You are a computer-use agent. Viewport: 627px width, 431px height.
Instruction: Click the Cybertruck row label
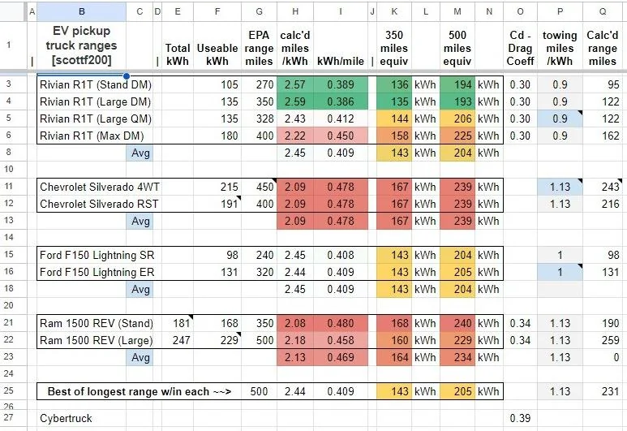(66, 418)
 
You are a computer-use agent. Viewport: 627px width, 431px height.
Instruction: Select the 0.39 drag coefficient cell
(520, 418)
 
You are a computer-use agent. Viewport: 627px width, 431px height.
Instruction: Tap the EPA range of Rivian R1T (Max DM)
(264, 136)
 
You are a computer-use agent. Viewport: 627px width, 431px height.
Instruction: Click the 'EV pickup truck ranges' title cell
(81, 45)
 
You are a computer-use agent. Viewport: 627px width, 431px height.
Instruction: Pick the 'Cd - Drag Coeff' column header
(520, 48)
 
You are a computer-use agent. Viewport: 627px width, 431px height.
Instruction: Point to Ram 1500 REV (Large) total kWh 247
(181, 340)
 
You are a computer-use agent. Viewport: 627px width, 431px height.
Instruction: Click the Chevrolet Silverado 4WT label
(100, 187)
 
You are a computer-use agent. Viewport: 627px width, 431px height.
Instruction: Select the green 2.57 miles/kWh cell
(295, 84)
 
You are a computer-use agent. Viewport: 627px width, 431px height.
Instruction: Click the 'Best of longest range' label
(140, 391)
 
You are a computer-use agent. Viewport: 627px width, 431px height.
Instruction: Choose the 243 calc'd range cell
(610, 187)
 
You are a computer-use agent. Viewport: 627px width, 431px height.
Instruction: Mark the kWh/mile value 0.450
(341, 136)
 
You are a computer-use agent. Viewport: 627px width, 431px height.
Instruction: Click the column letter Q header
(602, 11)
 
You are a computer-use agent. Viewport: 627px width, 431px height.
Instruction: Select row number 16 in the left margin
(9, 271)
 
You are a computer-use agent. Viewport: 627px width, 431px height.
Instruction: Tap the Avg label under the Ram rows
(140, 357)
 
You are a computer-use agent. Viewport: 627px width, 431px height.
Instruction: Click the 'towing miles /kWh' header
(560, 48)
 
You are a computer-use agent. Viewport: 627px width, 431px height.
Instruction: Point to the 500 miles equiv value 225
(462, 136)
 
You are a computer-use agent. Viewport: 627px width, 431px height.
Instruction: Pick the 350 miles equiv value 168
(399, 323)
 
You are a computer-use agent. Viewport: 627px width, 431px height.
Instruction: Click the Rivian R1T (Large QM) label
(96, 119)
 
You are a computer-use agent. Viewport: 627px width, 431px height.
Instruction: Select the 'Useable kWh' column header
(217, 54)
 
